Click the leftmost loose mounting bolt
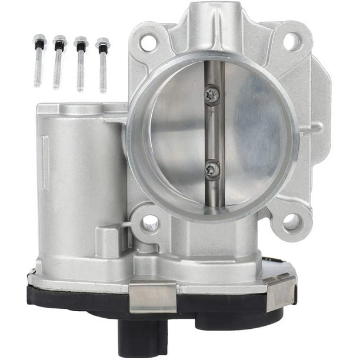click(x=39, y=62)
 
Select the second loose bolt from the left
click(x=58, y=63)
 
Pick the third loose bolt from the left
click(x=80, y=64)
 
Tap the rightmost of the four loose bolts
click(x=102, y=65)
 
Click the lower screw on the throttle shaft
click(x=212, y=169)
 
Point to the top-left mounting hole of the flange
click(x=148, y=42)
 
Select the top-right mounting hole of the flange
click(x=292, y=40)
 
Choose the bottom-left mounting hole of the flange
click(x=151, y=222)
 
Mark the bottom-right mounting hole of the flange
click(x=291, y=222)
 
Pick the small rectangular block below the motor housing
click(x=108, y=241)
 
